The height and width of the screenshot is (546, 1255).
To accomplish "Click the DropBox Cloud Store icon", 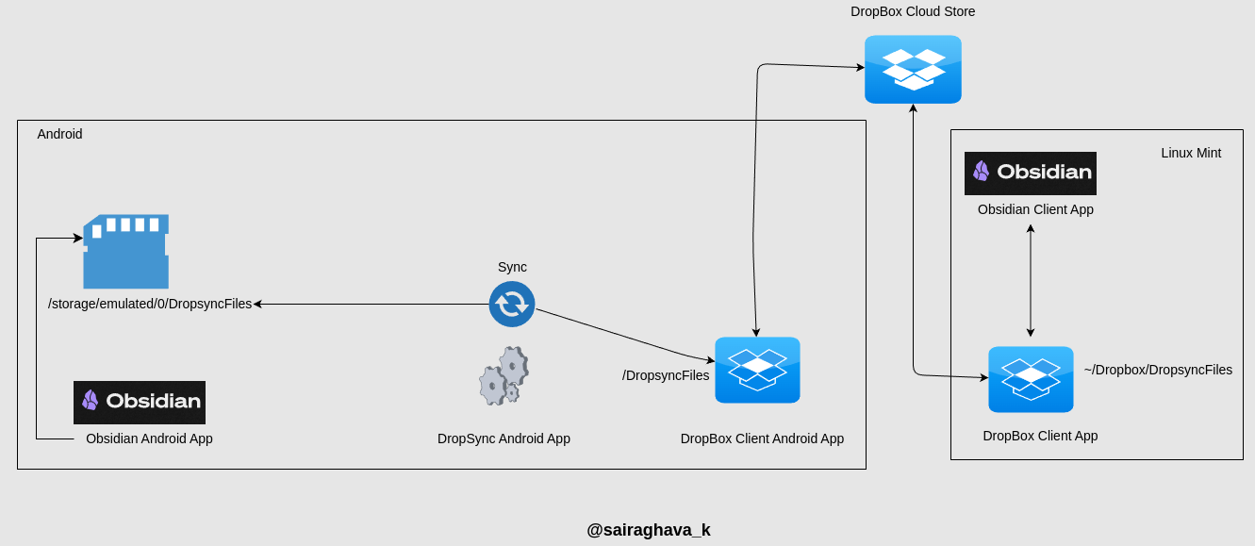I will tap(913, 69).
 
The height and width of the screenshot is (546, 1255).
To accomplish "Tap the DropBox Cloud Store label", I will tap(913, 11).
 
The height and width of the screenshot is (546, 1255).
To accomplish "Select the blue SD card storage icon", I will tap(125, 251).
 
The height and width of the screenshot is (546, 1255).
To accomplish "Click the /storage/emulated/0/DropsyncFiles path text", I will tap(150, 304).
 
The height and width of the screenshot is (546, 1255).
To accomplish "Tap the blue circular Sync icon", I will tap(512, 304).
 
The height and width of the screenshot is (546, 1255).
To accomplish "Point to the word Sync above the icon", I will tap(512, 267).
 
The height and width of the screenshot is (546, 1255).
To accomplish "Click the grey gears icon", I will tap(504, 376).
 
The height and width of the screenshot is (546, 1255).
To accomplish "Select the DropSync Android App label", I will tap(504, 438).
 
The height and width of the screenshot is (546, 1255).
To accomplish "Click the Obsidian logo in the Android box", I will tap(140, 402).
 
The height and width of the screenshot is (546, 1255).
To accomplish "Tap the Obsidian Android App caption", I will tap(149, 438).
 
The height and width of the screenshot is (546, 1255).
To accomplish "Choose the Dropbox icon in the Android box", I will tap(757, 370).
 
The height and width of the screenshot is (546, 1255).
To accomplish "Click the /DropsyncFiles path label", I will tap(666, 375).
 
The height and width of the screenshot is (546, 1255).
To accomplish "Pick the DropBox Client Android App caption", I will tap(762, 438).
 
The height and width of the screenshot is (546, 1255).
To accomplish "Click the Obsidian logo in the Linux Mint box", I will tap(1031, 173).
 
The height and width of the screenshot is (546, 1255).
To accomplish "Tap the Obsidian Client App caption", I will tap(1035, 209).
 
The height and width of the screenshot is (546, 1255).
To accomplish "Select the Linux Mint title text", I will tap(1191, 153).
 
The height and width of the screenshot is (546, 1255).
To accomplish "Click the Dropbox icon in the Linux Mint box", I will tap(1031, 379).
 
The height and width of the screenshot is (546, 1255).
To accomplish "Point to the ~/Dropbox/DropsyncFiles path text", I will tap(1158, 370).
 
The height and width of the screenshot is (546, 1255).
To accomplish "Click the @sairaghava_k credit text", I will tap(649, 530).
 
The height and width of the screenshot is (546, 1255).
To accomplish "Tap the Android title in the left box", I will tap(59, 134).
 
